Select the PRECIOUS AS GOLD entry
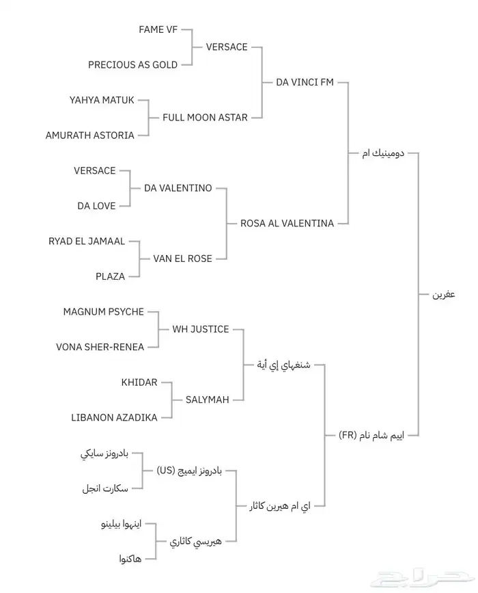(x=132, y=65)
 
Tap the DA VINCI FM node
(x=305, y=82)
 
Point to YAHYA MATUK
(x=102, y=100)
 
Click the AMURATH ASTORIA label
(x=89, y=135)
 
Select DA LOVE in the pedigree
(x=96, y=206)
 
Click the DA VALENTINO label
(x=178, y=188)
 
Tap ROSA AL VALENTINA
(x=287, y=224)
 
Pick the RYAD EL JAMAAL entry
(x=87, y=241)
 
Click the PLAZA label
(x=110, y=276)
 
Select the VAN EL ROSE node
(x=182, y=259)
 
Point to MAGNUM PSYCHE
(x=103, y=312)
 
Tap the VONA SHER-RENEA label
(x=100, y=347)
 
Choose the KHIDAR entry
(x=139, y=382)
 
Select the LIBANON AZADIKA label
(x=114, y=417)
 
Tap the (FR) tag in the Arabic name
(x=348, y=435)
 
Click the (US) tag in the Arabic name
(x=166, y=471)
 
